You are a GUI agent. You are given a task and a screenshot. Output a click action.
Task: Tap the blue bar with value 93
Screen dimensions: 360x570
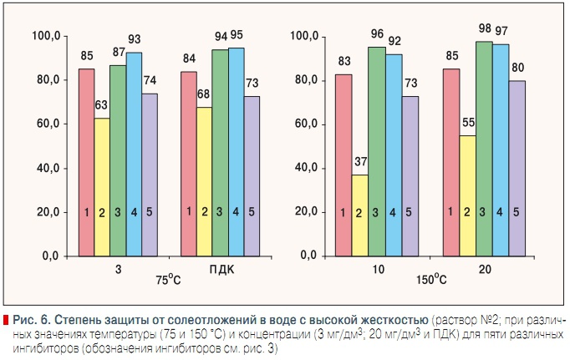tap(134, 154)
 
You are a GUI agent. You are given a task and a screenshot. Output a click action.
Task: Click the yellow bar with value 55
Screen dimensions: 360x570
tap(466, 195)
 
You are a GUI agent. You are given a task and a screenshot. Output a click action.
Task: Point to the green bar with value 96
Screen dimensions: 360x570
tap(377, 150)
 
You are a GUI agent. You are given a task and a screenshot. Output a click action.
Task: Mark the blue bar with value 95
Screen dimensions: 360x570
tap(237, 151)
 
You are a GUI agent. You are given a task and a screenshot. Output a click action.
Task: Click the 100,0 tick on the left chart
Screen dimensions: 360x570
tap(46, 37)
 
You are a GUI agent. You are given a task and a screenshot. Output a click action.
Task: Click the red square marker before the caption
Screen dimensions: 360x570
tap(7, 321)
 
